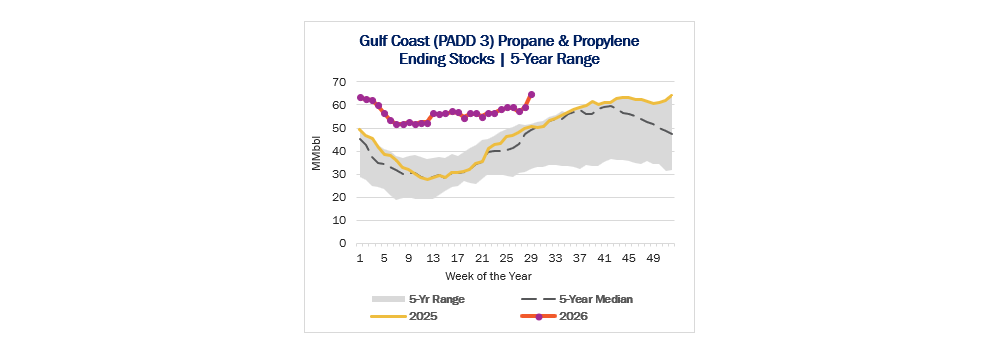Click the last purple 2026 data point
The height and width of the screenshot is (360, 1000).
tap(531, 94)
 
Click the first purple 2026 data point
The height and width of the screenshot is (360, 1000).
tap(360, 98)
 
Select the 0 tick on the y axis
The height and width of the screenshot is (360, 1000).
tap(342, 243)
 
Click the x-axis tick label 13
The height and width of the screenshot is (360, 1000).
tap(433, 259)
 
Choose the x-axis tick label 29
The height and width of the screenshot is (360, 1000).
tap(531, 259)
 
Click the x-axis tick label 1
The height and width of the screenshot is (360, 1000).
tap(360, 259)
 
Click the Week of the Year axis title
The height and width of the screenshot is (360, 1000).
tap(489, 276)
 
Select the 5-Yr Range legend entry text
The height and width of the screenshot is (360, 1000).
tap(437, 299)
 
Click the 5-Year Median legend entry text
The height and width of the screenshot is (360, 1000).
tap(596, 299)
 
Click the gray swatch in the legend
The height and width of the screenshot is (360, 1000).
tap(387, 299)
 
